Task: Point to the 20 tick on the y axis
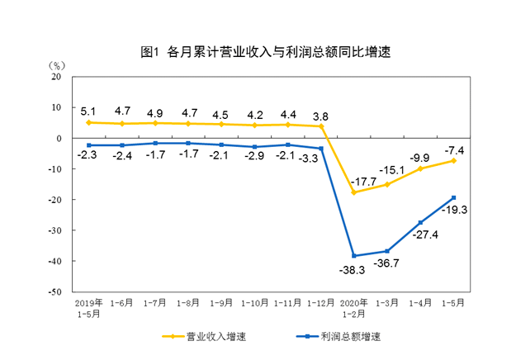click(x=57, y=77)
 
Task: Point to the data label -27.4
click(x=422, y=235)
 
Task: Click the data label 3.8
click(x=320, y=115)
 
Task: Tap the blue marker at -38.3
click(x=354, y=256)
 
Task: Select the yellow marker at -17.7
click(x=354, y=192)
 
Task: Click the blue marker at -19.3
click(x=453, y=197)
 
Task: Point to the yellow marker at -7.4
click(x=453, y=160)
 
